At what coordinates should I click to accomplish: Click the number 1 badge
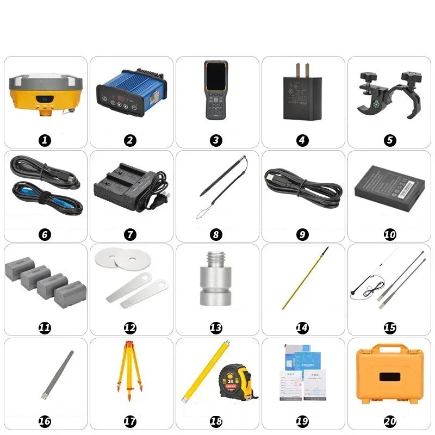point(45,140)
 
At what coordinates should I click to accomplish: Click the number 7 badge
point(130,235)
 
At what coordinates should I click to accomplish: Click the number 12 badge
point(130,328)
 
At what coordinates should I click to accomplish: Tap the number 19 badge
point(302,421)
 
